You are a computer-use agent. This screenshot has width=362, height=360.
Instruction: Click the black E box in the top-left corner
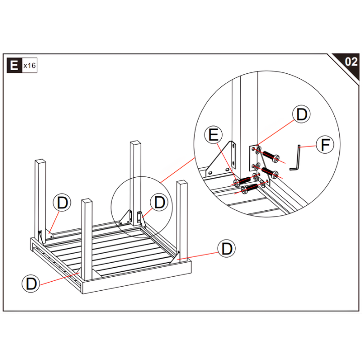point(14,65)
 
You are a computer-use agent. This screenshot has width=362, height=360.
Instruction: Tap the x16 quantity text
point(30,66)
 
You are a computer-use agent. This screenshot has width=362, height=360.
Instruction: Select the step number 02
point(350,62)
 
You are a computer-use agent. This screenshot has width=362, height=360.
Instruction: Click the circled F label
point(325,145)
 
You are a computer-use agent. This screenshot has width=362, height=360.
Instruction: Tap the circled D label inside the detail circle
point(301,114)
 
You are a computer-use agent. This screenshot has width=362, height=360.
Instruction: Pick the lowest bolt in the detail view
point(251,188)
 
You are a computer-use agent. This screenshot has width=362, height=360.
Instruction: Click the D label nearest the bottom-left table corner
point(31,284)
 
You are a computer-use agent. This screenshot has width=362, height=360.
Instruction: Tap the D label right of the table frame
point(227,248)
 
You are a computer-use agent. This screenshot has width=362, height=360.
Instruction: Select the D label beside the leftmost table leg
point(62,203)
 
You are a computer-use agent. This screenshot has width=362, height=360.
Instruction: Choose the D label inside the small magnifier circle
point(159,203)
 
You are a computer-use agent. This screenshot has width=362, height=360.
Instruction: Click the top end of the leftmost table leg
point(41,162)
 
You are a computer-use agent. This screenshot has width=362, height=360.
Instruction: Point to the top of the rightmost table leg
point(182,184)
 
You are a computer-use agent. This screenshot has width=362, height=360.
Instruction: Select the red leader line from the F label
point(309,146)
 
